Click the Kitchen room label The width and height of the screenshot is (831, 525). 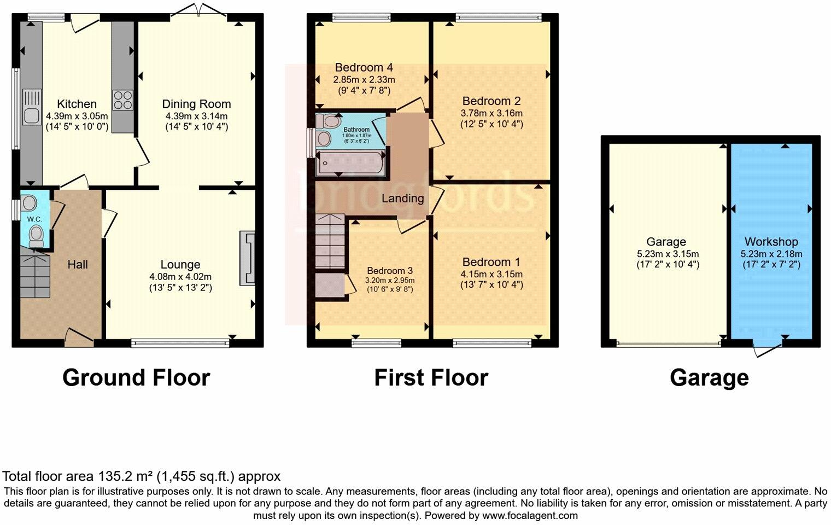tap(77, 104)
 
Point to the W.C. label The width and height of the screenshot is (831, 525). tap(34, 219)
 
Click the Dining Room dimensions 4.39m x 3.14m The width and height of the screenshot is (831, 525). tap(197, 116)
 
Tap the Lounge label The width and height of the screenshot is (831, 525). tap(180, 265)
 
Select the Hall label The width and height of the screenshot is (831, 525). tap(78, 265)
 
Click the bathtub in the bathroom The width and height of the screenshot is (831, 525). tap(350, 163)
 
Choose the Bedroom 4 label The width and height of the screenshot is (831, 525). tap(364, 68)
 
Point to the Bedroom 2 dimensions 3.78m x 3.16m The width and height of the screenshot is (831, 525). tap(491, 113)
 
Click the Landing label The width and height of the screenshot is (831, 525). tap(402, 199)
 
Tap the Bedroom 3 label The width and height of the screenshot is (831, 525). tap(389, 271)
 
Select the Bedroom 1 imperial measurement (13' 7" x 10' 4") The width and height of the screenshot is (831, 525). tap(491, 285)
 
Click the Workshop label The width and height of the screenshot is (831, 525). tap(771, 242)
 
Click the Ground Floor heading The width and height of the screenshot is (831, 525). tap(136, 378)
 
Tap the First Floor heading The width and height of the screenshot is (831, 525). tap(431, 378)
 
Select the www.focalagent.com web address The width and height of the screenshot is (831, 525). tap(530, 515)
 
